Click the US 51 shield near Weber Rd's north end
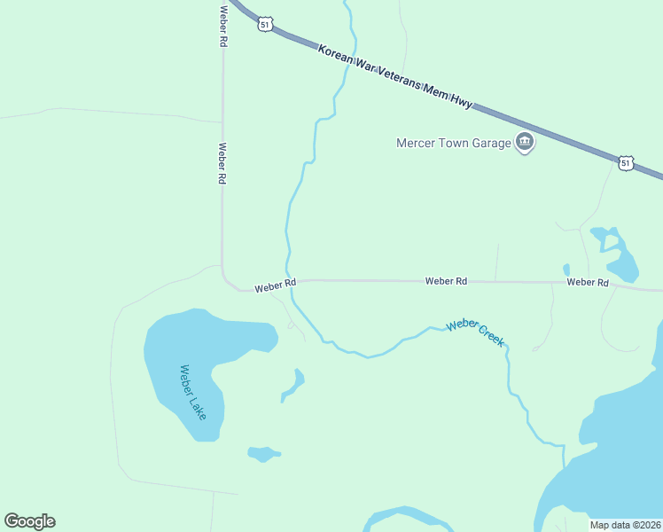[x=265, y=24]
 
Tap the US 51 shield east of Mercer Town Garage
[x=627, y=163]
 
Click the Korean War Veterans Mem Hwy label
[x=395, y=78]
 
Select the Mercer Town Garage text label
[x=454, y=143]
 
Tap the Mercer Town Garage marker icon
[x=525, y=142]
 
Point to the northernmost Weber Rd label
[x=223, y=25]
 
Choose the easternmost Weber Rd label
[x=588, y=282]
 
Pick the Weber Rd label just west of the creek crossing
[x=275, y=286]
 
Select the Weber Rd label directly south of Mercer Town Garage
[x=446, y=281]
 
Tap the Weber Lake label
[x=192, y=391]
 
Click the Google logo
[x=29, y=521]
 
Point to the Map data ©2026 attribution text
[x=625, y=525]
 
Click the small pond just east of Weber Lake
[x=293, y=384]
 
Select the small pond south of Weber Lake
[x=262, y=454]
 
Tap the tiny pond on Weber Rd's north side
[x=566, y=269]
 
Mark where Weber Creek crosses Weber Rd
[x=289, y=281]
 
